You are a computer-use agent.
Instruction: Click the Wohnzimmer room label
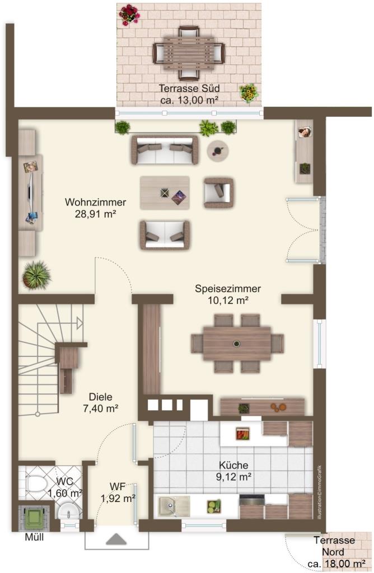click(95, 208)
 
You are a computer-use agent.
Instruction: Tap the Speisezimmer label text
click(228, 294)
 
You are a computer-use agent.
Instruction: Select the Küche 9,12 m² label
click(233, 471)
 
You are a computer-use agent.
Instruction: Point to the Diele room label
click(101, 402)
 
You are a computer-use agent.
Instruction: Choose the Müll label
click(34, 537)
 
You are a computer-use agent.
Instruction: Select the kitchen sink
click(174, 506)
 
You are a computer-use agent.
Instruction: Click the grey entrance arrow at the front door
click(116, 539)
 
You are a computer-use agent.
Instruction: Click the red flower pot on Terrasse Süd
click(129, 15)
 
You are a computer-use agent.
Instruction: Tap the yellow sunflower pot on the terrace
click(249, 92)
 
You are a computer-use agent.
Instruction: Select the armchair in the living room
click(218, 192)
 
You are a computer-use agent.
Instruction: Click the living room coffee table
click(165, 192)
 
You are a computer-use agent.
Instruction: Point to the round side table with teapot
click(218, 150)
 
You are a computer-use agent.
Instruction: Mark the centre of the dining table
click(237, 343)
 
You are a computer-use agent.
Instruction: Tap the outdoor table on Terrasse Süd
click(189, 53)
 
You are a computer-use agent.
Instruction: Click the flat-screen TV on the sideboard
click(30, 192)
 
